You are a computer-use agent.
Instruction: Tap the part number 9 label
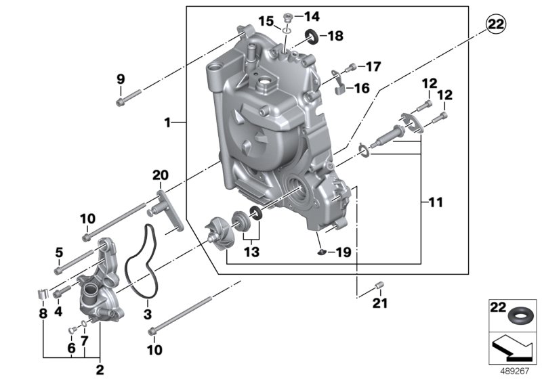tap(121, 79)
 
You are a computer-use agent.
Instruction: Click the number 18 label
tap(336, 36)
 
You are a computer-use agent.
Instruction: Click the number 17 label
tap(373, 67)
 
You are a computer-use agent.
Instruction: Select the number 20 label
tap(160, 175)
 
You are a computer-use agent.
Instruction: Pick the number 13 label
tap(251, 252)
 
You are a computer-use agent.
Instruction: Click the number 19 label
tap(343, 252)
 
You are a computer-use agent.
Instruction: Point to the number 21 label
tap(380, 303)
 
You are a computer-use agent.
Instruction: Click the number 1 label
tap(167, 122)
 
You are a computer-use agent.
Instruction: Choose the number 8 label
tap(43, 314)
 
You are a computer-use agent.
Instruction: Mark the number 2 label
tap(100, 370)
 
